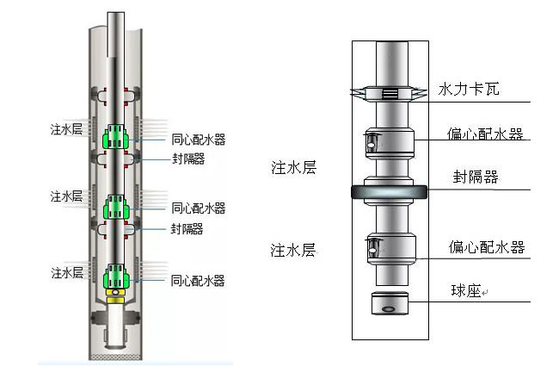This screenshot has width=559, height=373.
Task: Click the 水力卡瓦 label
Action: (x=469, y=89)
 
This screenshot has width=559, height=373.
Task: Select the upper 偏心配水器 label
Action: (x=486, y=134)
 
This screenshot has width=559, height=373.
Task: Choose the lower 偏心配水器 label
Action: (x=486, y=248)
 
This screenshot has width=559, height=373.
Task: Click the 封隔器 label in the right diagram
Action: (x=476, y=178)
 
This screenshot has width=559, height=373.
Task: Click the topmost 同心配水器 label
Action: (x=198, y=139)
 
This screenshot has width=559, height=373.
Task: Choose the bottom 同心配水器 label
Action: (x=198, y=281)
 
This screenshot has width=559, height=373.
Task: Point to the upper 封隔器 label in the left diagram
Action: (x=187, y=159)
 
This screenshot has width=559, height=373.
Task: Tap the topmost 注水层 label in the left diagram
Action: (x=67, y=130)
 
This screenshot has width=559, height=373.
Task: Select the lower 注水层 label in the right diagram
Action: (x=293, y=251)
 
